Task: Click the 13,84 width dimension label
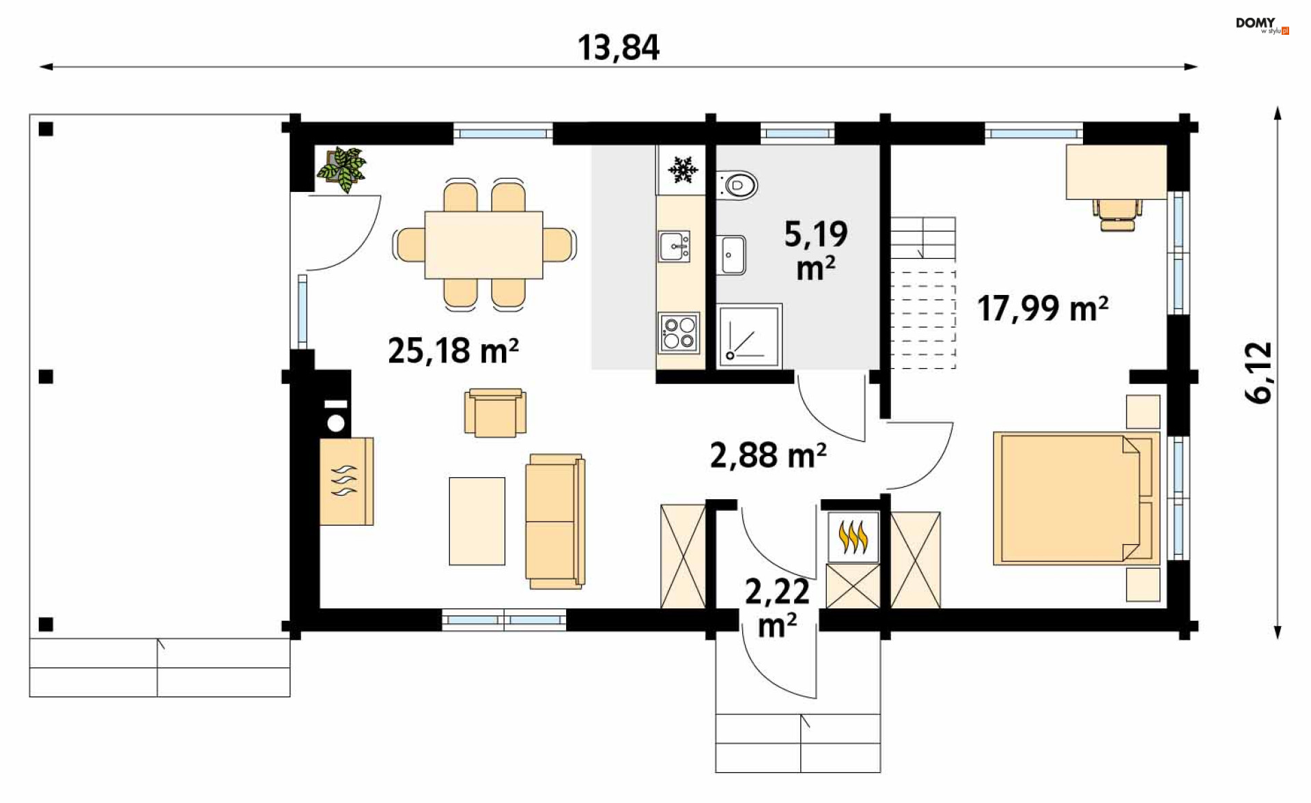tap(619, 48)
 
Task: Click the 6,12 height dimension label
tap(1258, 373)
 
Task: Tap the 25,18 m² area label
tap(453, 350)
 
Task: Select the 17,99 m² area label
tap(1043, 308)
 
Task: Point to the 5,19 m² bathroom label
tap(816, 251)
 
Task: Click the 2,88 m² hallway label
tap(768, 455)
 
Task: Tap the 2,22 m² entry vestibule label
tap(777, 608)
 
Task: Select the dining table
tap(483, 244)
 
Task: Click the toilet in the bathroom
tap(738, 184)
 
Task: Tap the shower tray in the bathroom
tap(749, 335)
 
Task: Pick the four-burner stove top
tap(679, 333)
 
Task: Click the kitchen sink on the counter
tap(674, 246)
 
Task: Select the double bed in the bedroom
tap(1077, 498)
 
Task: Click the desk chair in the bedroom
tap(1117, 214)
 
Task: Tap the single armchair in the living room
tap(495, 412)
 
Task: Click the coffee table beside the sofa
tap(477, 521)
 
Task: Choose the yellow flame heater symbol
tap(853, 537)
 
